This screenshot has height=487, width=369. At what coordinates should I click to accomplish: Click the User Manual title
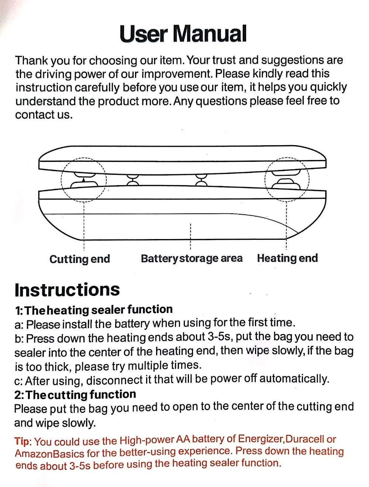point(183,34)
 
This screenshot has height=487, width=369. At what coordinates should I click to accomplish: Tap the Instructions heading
point(67,290)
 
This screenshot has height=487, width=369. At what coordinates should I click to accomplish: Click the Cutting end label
point(80,259)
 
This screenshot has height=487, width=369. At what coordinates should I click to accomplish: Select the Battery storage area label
point(192,258)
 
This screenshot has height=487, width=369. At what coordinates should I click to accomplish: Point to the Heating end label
point(287,258)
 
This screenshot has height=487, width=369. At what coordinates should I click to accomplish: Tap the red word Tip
point(22,441)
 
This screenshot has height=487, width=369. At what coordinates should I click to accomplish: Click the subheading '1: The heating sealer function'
point(94,310)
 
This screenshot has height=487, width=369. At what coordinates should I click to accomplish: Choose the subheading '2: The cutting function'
point(75,395)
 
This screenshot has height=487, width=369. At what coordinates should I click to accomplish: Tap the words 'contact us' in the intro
point(44,115)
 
